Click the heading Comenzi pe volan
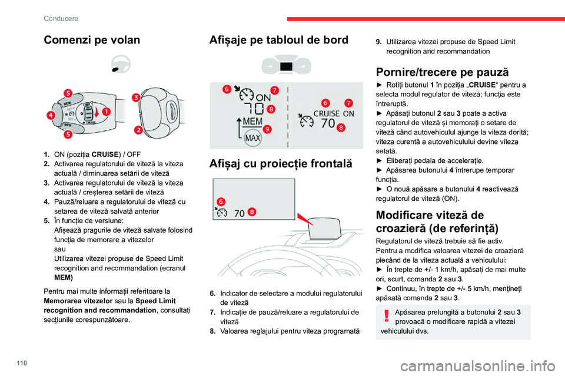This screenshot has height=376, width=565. [x=92, y=41]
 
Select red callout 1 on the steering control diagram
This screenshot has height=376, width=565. [x=106, y=110]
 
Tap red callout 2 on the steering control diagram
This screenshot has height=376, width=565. [x=138, y=129]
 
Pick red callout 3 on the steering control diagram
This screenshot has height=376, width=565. [x=135, y=98]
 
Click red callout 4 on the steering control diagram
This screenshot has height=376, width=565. [x=52, y=116]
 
